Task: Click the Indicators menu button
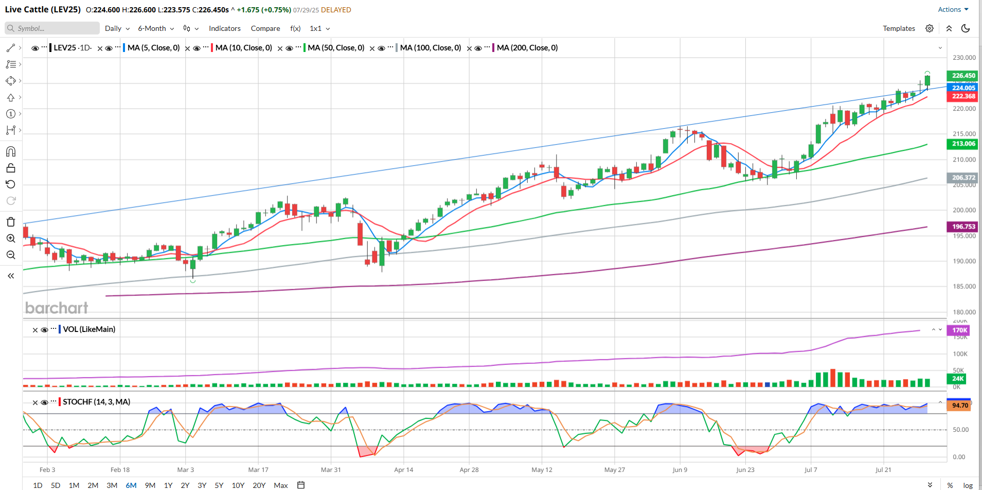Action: pyautogui.click(x=224, y=28)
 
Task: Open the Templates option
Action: pyautogui.click(x=899, y=28)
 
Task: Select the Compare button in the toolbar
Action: pyautogui.click(x=265, y=28)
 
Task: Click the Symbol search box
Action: pyautogui.click(x=52, y=28)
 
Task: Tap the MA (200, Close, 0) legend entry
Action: pyautogui.click(x=527, y=48)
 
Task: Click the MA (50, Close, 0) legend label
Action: pyautogui.click(x=336, y=48)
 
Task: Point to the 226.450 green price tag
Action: pyautogui.click(x=963, y=76)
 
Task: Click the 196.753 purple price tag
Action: pyautogui.click(x=963, y=226)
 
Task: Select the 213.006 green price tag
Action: pyautogui.click(x=963, y=144)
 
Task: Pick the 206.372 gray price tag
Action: pyautogui.click(x=963, y=178)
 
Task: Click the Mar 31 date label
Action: pyautogui.click(x=331, y=470)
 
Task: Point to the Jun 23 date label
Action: pyautogui.click(x=745, y=470)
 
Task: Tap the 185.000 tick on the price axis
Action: pyautogui.click(x=964, y=287)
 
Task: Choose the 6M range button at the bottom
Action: pyautogui.click(x=131, y=485)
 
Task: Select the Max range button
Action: pyautogui.click(x=281, y=485)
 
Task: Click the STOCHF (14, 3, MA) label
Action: pyautogui.click(x=96, y=402)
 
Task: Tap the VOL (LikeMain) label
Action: pyautogui.click(x=89, y=329)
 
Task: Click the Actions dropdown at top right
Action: pyautogui.click(x=953, y=10)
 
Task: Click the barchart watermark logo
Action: pyautogui.click(x=57, y=308)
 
